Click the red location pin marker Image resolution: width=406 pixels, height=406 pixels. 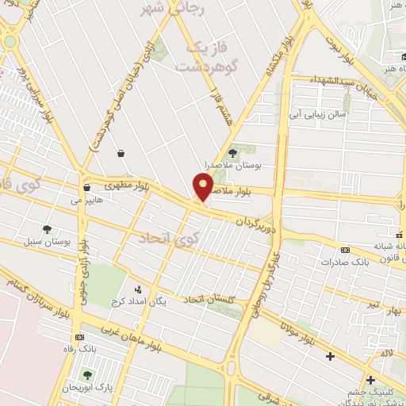point(204,187)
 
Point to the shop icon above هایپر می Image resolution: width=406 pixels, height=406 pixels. point(86,188)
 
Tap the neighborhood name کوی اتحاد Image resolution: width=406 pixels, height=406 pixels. point(166,237)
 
